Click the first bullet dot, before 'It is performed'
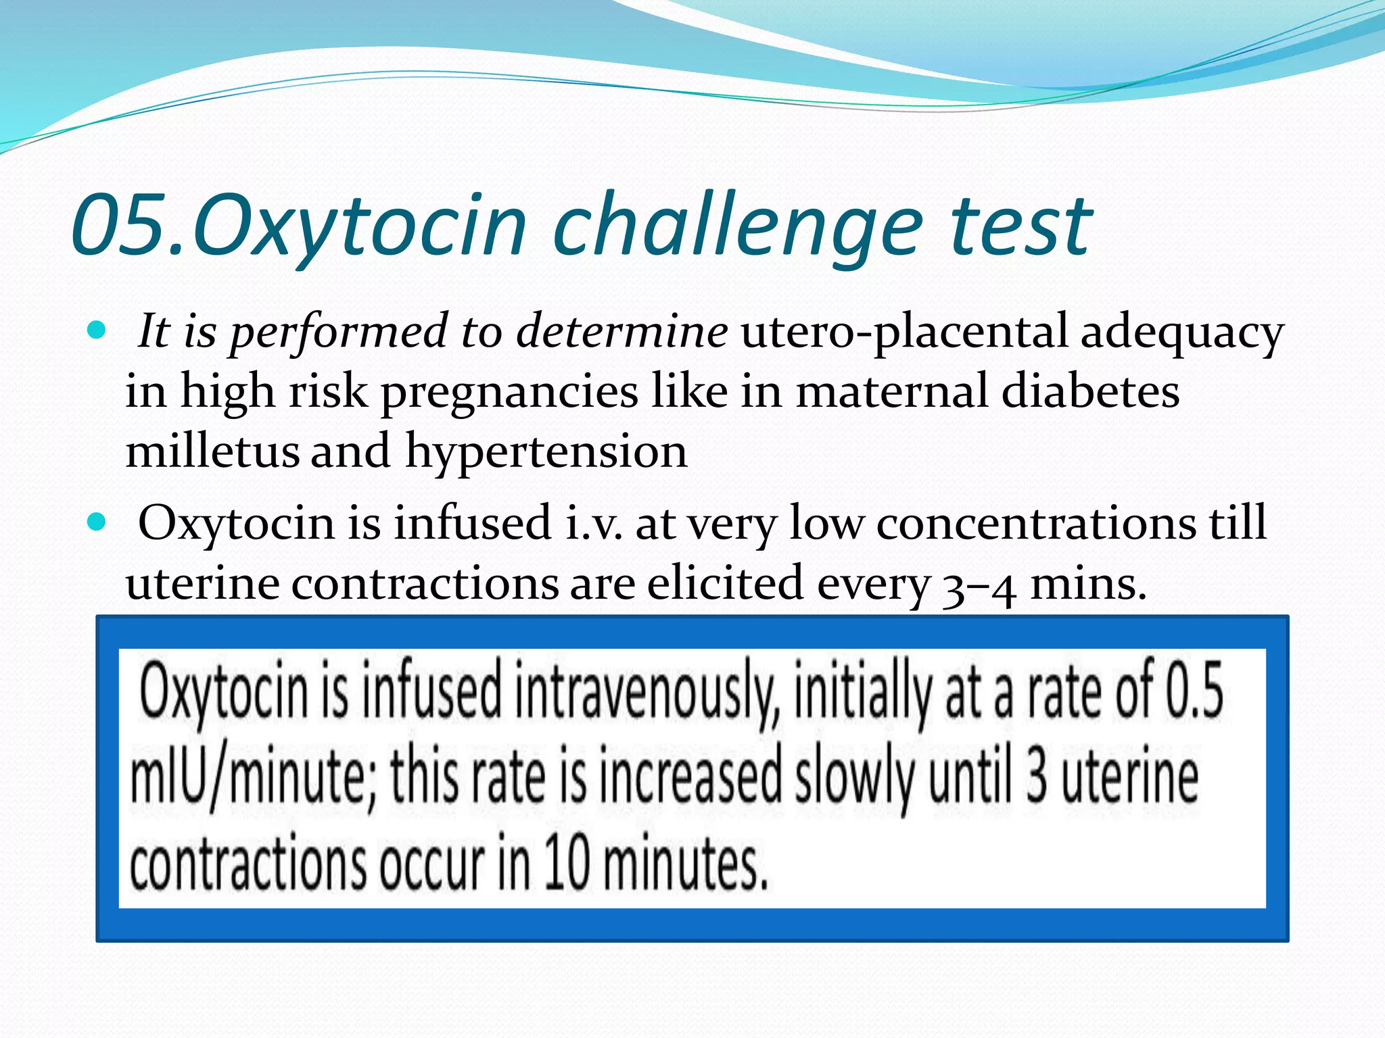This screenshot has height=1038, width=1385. coord(98,331)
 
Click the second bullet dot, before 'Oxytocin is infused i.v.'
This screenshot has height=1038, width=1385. coord(98,522)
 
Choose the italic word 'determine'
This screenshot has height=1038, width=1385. coord(622,331)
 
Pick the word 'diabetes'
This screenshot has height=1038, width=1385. coord(1090,392)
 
